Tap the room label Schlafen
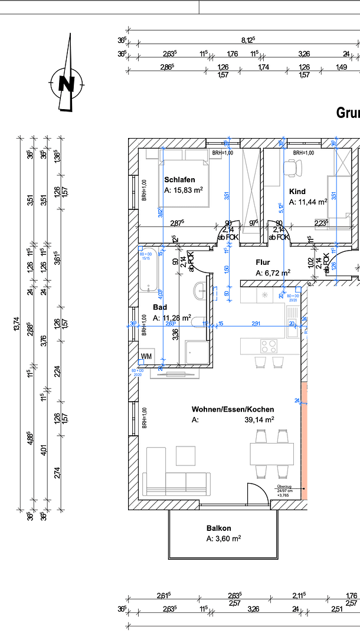(x=179, y=179)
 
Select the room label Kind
(x=297, y=192)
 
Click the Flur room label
(x=263, y=262)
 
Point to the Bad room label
(x=160, y=307)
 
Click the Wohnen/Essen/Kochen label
(x=233, y=409)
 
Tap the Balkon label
(x=218, y=528)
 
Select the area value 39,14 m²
(x=260, y=420)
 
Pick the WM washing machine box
(x=146, y=357)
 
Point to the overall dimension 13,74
(x=17, y=324)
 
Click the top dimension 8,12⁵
(x=248, y=40)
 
